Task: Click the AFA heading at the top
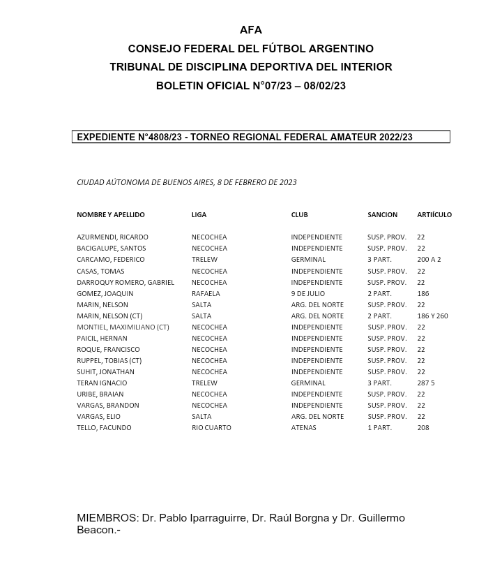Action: pyautogui.click(x=251, y=30)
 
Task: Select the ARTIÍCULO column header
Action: pyautogui.click(x=434, y=215)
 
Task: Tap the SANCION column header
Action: pyautogui.click(x=382, y=215)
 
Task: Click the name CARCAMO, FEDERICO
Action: pyautogui.click(x=111, y=260)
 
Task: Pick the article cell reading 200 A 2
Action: pyautogui.click(x=429, y=260)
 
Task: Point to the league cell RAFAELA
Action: pyautogui.click(x=206, y=294)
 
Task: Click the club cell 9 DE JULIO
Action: pyautogui.click(x=307, y=294)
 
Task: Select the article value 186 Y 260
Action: pyautogui.click(x=432, y=316)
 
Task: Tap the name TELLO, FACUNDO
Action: pyautogui.click(x=104, y=428)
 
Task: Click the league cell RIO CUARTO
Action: pyautogui.click(x=211, y=428)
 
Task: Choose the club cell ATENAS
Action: pyautogui.click(x=303, y=428)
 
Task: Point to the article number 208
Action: pyautogui.click(x=423, y=428)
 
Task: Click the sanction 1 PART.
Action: pyautogui.click(x=379, y=428)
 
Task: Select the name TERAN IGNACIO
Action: pyautogui.click(x=102, y=383)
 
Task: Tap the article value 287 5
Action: pyautogui.click(x=425, y=383)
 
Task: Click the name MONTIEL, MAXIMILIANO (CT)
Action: pyautogui.click(x=123, y=327)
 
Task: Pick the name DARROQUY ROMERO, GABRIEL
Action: pyautogui.click(x=125, y=283)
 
